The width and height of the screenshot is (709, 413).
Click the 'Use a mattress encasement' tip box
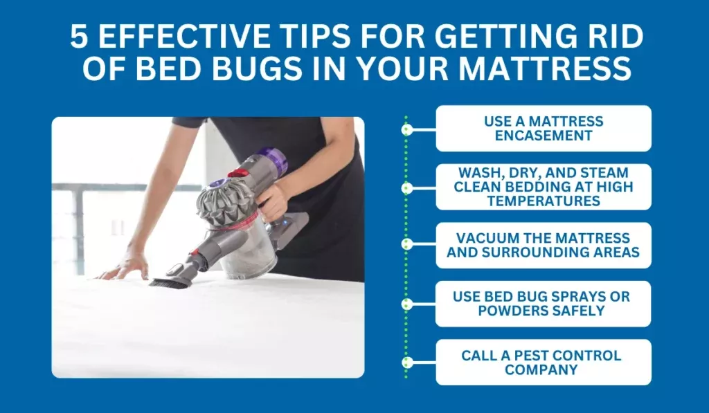click(543, 129)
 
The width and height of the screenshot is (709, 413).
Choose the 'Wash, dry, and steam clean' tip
click(543, 187)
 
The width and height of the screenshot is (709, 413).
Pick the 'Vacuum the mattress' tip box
click(543, 245)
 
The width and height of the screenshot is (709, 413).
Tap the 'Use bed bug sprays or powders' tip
click(543, 304)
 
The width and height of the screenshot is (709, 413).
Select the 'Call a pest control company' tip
click(543, 362)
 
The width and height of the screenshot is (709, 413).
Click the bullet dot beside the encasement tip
click(407, 129)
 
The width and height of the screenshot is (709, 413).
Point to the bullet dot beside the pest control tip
click(407, 362)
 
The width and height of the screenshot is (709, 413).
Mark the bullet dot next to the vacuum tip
click(407, 244)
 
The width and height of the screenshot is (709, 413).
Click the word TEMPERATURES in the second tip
click(543, 201)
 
